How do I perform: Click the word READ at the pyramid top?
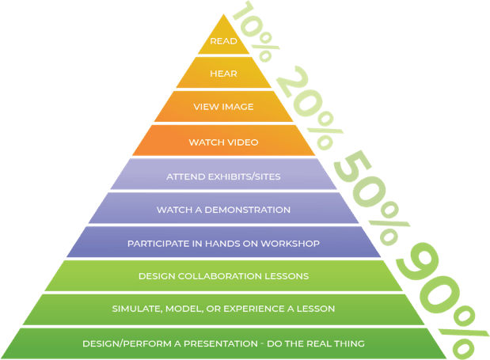tap(223, 41)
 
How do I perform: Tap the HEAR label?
tap(223, 74)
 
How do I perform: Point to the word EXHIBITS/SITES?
tap(244, 176)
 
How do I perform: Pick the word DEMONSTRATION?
tap(247, 210)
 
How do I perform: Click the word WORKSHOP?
tap(290, 244)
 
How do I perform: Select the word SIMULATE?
tap(137, 309)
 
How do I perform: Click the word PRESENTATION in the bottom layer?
tap(221, 343)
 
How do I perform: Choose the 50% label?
tap(371, 197)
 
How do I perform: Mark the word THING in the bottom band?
tap(349, 343)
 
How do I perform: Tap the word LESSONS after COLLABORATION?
tap(287, 276)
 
